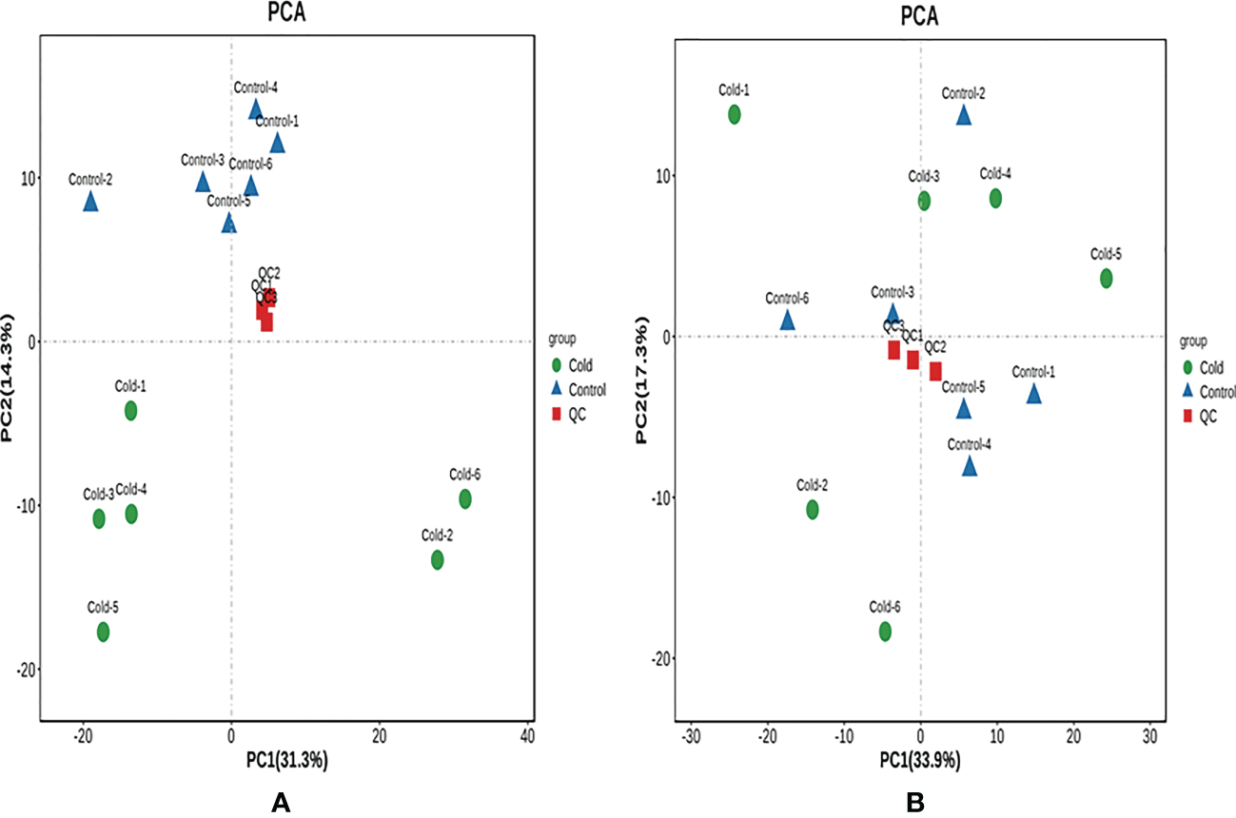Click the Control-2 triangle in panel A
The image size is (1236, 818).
90,202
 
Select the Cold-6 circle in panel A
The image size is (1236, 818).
464,498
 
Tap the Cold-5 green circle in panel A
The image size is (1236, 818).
103,632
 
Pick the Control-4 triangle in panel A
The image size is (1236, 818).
255,110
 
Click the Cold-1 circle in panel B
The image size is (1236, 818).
735,114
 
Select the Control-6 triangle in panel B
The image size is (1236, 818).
788,321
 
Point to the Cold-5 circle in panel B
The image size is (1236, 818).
1106,279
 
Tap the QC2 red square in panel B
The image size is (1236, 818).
935,371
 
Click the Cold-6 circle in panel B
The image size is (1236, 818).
885,631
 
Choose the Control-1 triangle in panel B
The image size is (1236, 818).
1033,394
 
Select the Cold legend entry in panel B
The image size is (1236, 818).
1201,368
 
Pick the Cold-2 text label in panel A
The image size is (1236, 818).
437,536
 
